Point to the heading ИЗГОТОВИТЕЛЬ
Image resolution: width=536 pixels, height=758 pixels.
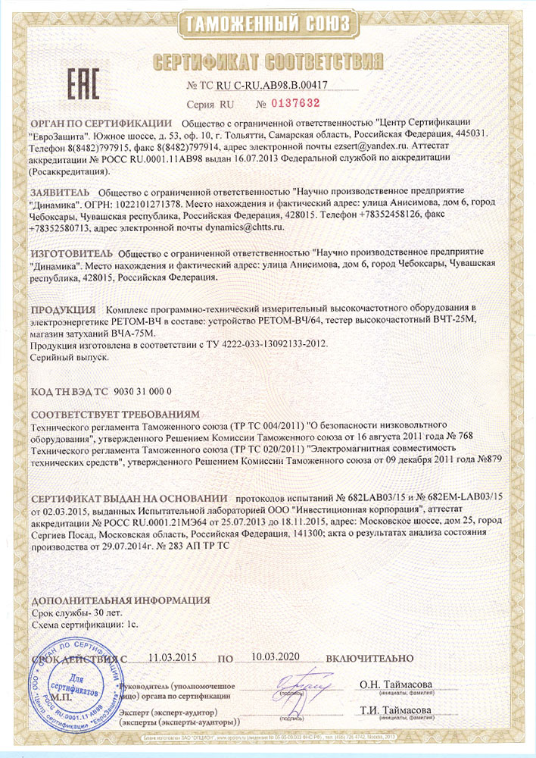tap(72, 252)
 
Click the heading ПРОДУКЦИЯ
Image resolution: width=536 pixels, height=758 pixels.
tap(63, 310)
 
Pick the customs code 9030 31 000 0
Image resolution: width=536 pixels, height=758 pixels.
tap(142, 391)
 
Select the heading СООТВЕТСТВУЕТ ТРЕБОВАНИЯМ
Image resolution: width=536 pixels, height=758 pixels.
tap(114, 415)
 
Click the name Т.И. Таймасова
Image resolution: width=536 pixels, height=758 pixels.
tap(396, 711)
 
